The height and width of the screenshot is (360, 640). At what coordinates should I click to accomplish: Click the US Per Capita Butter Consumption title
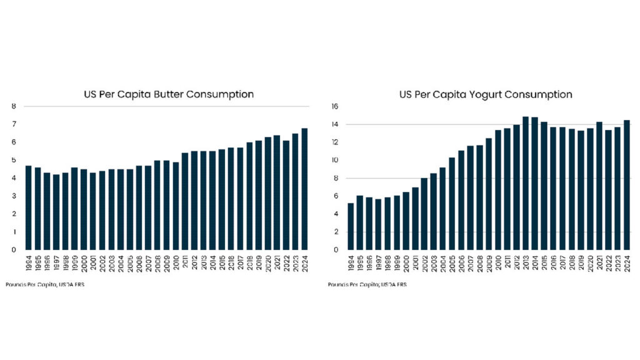coord(169,94)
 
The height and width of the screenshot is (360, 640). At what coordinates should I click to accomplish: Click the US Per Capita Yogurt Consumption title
coord(486,95)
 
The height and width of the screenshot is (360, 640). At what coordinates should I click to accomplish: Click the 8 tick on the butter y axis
coord(14,106)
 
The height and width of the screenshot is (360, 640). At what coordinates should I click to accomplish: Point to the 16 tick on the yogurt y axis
coord(335,106)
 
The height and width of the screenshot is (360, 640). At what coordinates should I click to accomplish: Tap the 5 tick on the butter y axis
coord(14,160)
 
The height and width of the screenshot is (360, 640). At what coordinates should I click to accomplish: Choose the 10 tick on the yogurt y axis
coord(335,160)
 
